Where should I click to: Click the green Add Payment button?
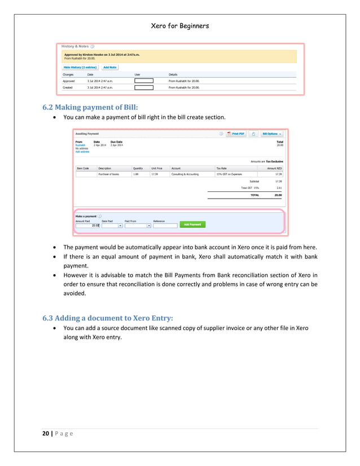click(193, 224)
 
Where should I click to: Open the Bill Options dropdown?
click(271, 134)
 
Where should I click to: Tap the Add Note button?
click(109, 67)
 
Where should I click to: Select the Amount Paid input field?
click(87, 225)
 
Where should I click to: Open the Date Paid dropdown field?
click(112, 225)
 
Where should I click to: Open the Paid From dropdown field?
click(138, 225)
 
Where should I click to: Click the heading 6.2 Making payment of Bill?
click(90, 107)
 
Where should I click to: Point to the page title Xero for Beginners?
click(179, 27)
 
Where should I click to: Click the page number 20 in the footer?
click(45, 433)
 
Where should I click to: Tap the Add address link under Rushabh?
click(82, 152)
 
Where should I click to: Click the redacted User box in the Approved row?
click(143, 81)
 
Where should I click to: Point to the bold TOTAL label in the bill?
click(255, 195)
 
